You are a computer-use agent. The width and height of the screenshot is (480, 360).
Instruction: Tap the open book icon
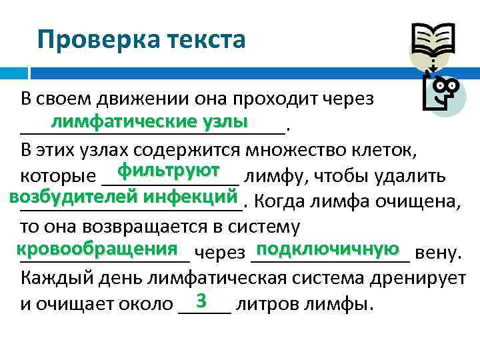(x=433, y=41)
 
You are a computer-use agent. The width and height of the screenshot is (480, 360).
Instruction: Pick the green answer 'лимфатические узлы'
(x=151, y=121)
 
